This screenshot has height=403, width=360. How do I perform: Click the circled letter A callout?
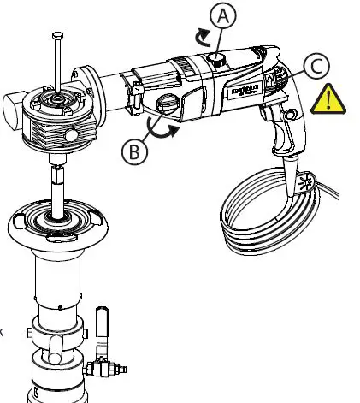pos(222,15)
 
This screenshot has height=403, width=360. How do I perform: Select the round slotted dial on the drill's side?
pos(168,106)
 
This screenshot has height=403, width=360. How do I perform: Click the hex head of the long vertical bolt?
pos(56,36)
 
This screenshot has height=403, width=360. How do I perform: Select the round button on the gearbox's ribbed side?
pos(70,135)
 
